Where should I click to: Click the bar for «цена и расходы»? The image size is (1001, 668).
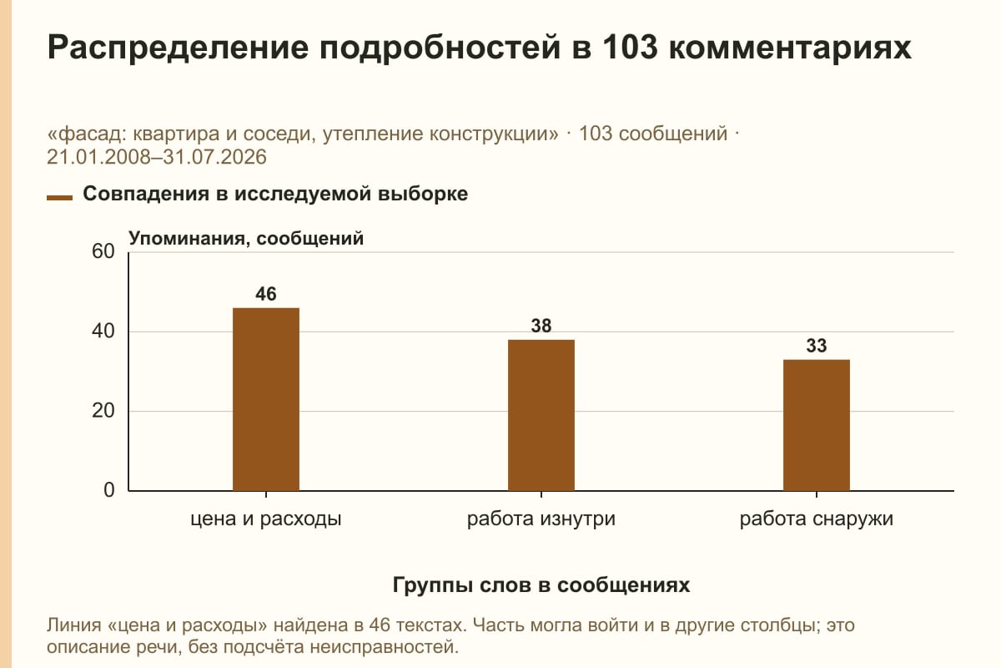pyautogui.click(x=266, y=399)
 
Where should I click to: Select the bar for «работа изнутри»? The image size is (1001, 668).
pyautogui.click(x=541, y=415)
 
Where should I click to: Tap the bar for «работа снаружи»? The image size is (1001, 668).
pyautogui.click(x=817, y=425)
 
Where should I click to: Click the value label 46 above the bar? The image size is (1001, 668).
pyautogui.click(x=266, y=294)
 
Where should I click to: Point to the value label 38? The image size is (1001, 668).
pyautogui.click(x=541, y=326)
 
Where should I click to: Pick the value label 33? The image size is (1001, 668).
pyautogui.click(x=817, y=346)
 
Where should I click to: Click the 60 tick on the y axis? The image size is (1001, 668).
pyautogui.click(x=103, y=251)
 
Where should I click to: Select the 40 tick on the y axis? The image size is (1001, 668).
pyautogui.click(x=103, y=331)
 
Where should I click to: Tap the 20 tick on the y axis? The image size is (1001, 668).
pyautogui.click(x=103, y=411)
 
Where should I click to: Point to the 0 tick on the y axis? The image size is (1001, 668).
pyautogui.click(x=109, y=490)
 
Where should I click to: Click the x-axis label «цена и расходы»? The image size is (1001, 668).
pyautogui.click(x=266, y=519)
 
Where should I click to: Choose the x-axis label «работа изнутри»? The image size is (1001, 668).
pyautogui.click(x=541, y=519)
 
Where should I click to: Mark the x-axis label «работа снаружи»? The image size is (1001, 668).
pyautogui.click(x=817, y=519)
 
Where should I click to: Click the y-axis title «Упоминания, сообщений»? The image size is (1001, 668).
pyautogui.click(x=246, y=239)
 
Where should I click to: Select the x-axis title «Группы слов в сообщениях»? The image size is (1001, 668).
pyautogui.click(x=541, y=584)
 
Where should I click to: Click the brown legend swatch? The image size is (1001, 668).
pyautogui.click(x=59, y=198)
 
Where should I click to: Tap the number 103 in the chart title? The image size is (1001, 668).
pyautogui.click(x=630, y=47)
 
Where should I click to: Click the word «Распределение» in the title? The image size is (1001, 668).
pyautogui.click(x=178, y=48)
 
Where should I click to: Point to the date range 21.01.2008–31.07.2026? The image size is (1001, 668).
pyautogui.click(x=157, y=157)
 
